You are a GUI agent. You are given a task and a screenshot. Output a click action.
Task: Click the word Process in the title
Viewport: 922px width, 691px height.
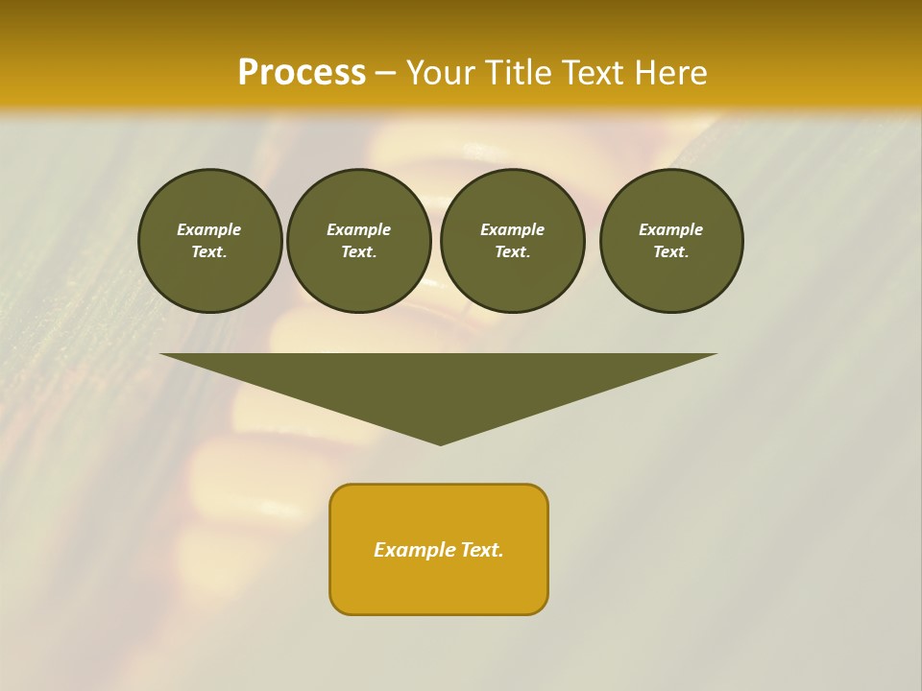[x=302, y=73]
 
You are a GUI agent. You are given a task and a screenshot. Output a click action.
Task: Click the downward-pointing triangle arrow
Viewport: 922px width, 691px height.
[x=439, y=384]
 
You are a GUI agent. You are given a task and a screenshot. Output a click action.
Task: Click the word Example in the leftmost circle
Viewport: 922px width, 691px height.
[x=209, y=229]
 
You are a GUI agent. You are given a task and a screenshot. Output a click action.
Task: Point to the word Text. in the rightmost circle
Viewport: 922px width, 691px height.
[x=671, y=251]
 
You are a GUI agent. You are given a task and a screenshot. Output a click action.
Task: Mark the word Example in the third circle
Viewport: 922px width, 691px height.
[x=512, y=229]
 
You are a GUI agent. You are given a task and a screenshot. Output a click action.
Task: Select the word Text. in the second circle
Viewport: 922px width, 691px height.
[x=358, y=251]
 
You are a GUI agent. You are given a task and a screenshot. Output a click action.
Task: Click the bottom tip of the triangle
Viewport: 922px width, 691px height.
[x=440, y=441]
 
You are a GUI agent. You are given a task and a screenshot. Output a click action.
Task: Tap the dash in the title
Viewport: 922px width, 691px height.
[x=385, y=73]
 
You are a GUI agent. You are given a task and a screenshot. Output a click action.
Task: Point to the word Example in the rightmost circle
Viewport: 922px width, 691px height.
[x=671, y=229]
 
